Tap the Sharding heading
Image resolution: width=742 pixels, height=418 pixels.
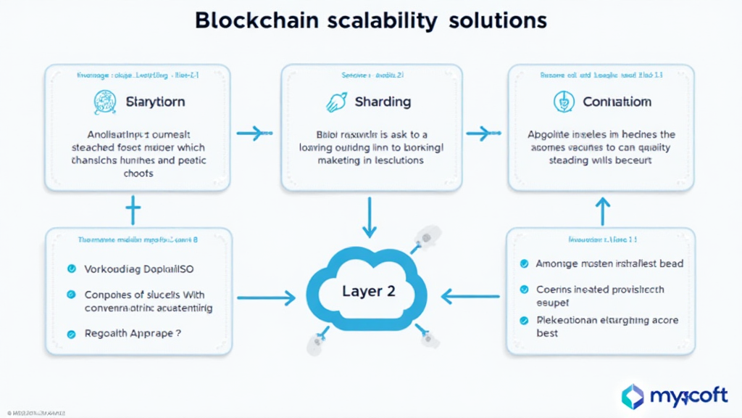click(383, 102)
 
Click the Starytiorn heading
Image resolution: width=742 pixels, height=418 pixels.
click(155, 102)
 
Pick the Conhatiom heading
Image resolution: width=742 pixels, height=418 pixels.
click(617, 102)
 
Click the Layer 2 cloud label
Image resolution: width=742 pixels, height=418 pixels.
click(370, 291)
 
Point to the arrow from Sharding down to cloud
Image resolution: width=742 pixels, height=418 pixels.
click(370, 218)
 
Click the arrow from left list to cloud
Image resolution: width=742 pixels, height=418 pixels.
click(265, 297)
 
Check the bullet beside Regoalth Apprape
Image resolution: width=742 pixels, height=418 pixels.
click(71, 335)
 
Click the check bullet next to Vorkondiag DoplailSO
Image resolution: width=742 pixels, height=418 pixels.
click(71, 269)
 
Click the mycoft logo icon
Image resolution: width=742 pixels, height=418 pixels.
click(633, 396)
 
